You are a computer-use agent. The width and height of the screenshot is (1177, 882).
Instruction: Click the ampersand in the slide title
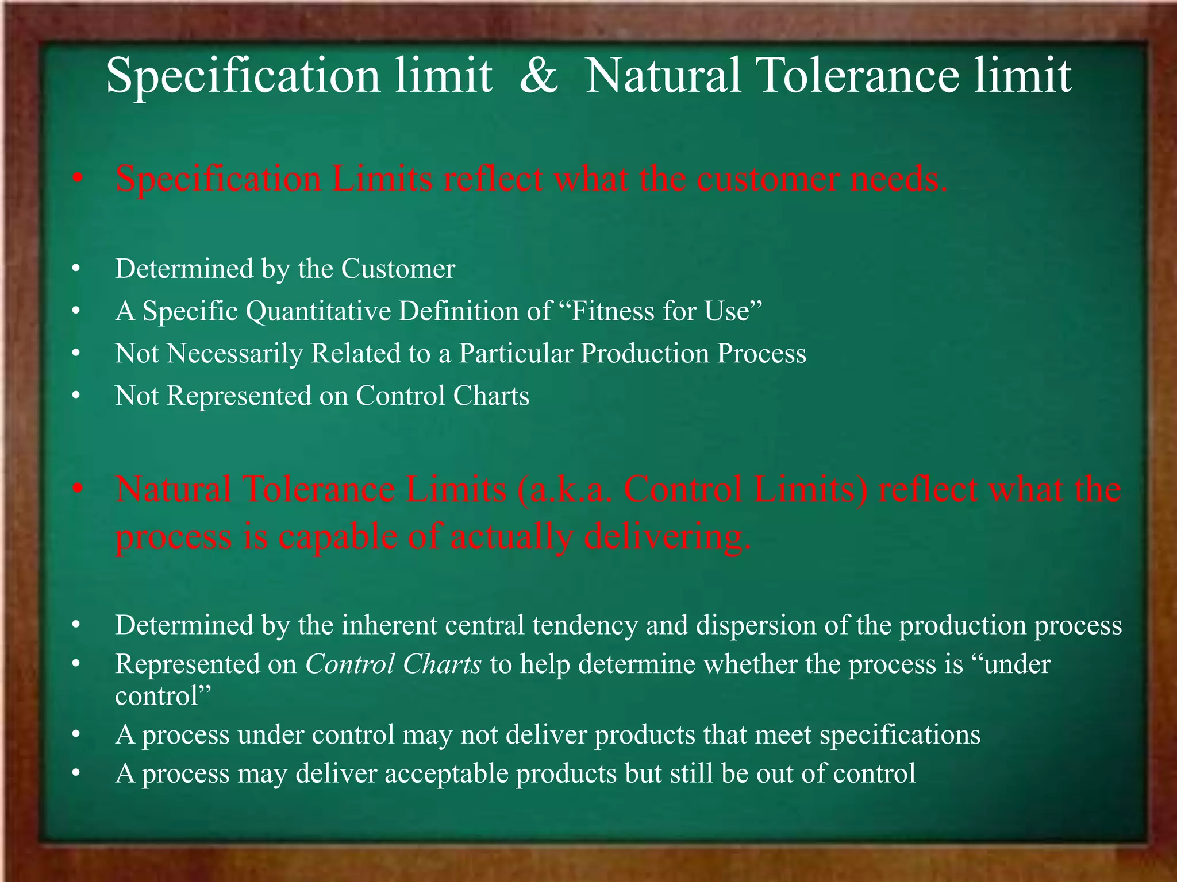pos(538,76)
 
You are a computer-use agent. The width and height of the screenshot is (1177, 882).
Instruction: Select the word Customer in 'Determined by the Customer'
pos(398,269)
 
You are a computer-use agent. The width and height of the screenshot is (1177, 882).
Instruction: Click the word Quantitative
pos(318,312)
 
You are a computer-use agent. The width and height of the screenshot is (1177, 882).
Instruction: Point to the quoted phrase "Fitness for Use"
pos(661,312)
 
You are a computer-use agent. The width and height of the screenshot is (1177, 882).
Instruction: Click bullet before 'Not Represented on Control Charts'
pos(76,397)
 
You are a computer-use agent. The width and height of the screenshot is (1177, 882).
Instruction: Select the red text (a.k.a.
pos(566,490)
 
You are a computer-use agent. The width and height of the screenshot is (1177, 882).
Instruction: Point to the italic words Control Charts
pos(393,664)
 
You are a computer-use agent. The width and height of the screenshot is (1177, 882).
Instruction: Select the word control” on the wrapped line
pos(163,696)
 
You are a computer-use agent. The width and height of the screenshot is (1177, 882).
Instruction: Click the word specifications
pos(900,735)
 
